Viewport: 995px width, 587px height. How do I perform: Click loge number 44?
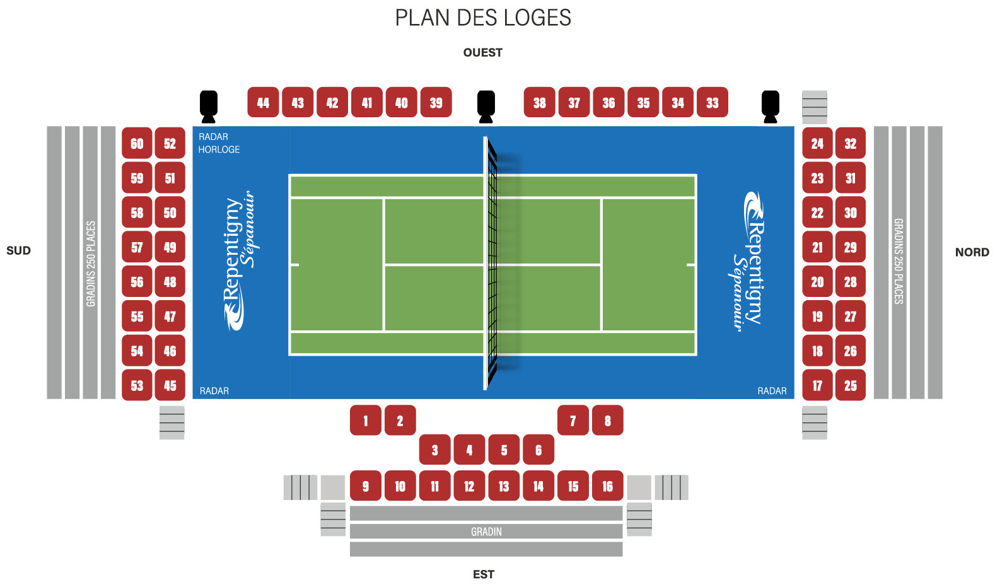pyautogui.click(x=263, y=102)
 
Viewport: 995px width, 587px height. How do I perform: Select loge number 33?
pyautogui.click(x=712, y=102)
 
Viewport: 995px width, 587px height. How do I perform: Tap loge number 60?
pyautogui.click(x=137, y=143)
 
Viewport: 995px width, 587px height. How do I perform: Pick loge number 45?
pyautogui.click(x=170, y=385)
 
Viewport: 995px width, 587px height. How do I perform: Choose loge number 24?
pyautogui.click(x=817, y=143)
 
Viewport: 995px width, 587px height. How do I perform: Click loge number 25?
pyautogui.click(x=850, y=385)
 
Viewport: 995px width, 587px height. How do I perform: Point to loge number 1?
pyautogui.click(x=366, y=420)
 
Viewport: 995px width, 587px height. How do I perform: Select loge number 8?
pyautogui.click(x=608, y=420)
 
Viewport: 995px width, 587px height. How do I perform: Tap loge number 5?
pyautogui.click(x=504, y=450)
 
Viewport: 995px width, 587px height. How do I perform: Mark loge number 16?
pyautogui.click(x=608, y=485)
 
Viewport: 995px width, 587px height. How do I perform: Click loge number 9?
pyautogui.click(x=366, y=485)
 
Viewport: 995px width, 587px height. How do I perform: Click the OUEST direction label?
pyautogui.click(x=483, y=52)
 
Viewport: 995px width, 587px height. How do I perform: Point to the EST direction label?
pyautogui.click(x=483, y=574)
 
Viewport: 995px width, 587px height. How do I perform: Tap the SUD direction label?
pyautogui.click(x=19, y=250)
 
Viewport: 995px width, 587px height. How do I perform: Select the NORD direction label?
pyautogui.click(x=972, y=252)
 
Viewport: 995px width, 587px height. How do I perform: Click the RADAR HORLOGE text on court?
pyautogui.click(x=219, y=143)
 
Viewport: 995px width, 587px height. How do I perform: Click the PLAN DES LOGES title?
pyautogui.click(x=483, y=18)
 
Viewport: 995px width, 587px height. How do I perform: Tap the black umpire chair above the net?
pyautogui.click(x=486, y=107)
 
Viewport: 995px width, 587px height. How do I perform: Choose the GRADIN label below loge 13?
pyautogui.click(x=486, y=532)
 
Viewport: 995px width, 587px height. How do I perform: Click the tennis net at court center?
pyautogui.click(x=490, y=264)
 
